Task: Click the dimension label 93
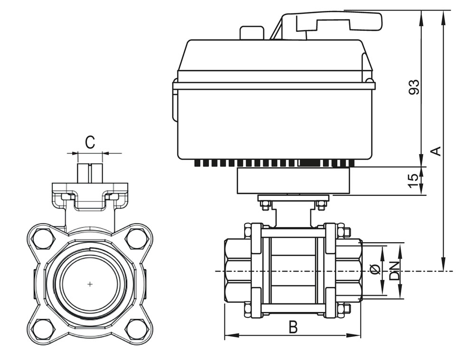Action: [414, 87]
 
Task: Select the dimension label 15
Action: [414, 180]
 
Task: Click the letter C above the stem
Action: [90, 142]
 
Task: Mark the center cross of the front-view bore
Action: [90, 284]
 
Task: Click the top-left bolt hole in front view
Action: [44, 238]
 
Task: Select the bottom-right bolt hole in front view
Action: [135, 329]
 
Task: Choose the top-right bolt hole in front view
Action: [135, 238]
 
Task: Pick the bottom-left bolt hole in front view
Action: [44, 329]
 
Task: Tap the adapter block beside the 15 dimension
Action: [293, 181]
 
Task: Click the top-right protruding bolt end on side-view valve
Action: [347, 232]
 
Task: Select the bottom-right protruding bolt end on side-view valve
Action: [347, 309]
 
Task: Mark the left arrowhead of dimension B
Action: [227, 336]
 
